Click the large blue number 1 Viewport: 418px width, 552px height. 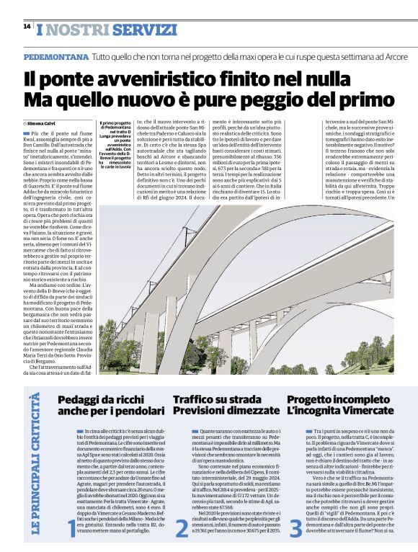[x=71, y=529]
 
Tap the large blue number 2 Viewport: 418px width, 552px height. [x=182, y=529]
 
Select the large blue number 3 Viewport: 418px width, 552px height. [x=295, y=529]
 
